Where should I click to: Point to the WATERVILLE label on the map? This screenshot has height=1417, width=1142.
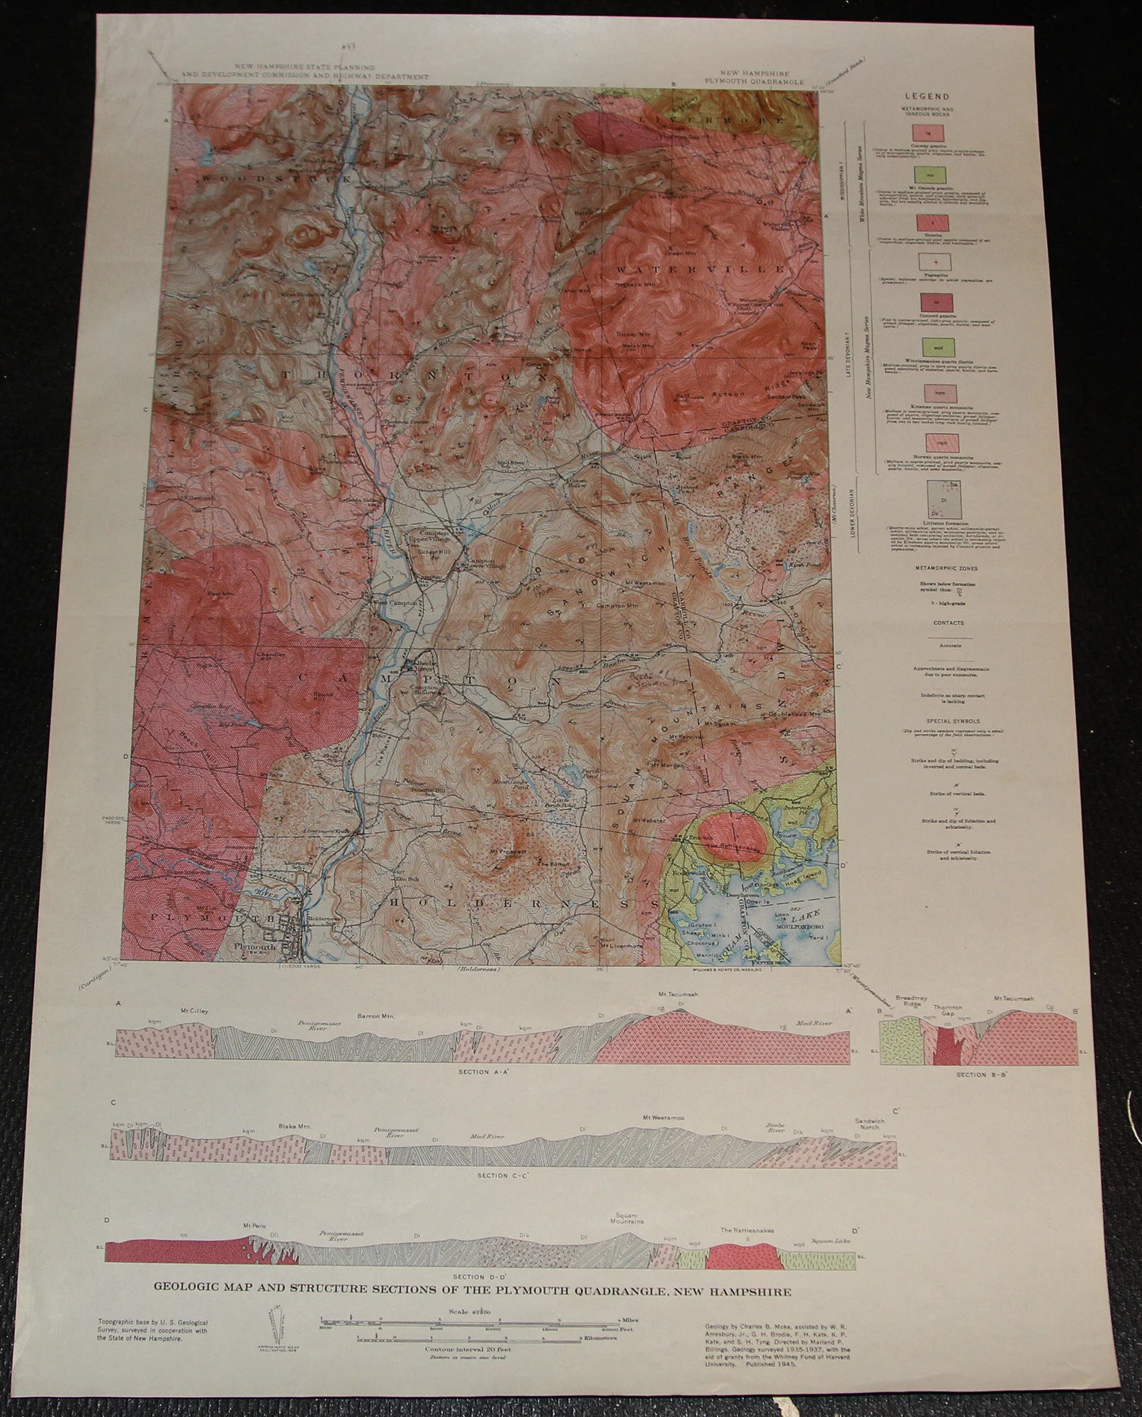pyautogui.click(x=700, y=270)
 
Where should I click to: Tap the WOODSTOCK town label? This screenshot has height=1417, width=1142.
pyautogui.click(x=277, y=179)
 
